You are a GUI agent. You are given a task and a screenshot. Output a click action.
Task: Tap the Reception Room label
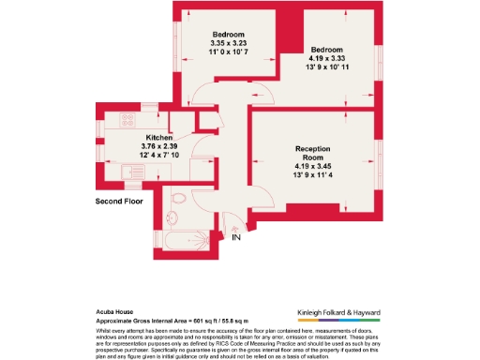(x=313, y=154)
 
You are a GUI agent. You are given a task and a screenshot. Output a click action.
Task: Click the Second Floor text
(x=121, y=202)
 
